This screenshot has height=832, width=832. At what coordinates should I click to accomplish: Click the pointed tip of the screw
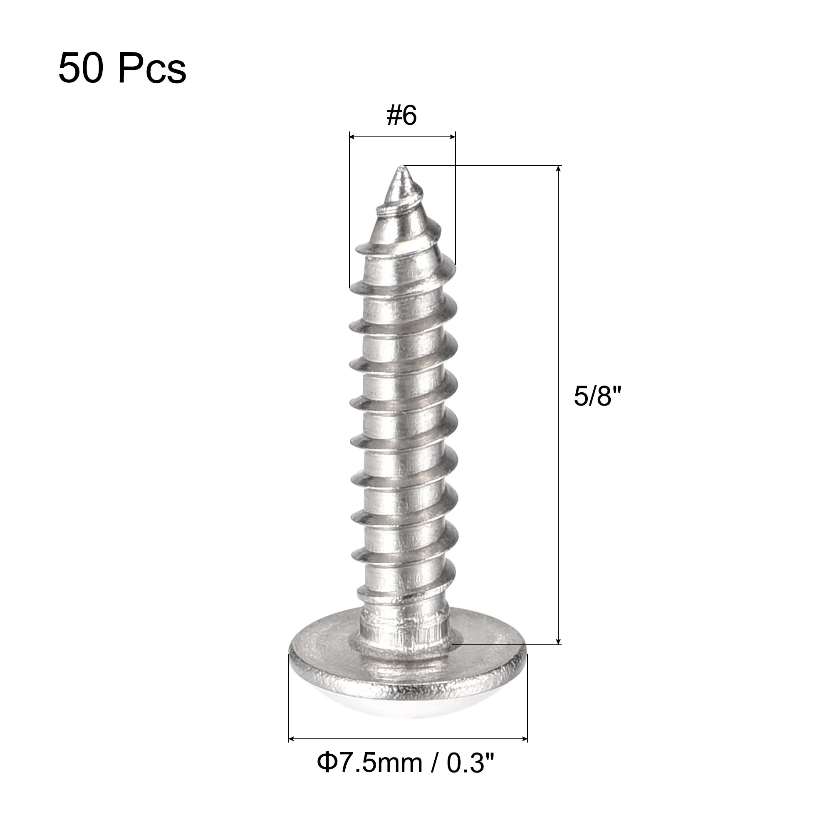click(401, 167)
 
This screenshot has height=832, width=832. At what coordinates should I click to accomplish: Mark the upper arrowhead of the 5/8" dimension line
click(559, 169)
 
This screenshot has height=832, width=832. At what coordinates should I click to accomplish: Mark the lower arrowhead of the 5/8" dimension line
click(559, 653)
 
